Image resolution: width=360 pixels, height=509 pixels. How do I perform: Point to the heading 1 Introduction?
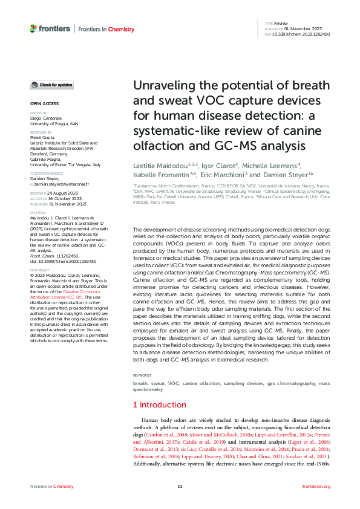tap(159, 404)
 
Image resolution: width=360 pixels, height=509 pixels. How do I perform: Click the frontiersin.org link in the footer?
tap(316, 486)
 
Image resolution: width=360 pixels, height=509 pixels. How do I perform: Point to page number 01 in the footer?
tap(180, 486)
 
